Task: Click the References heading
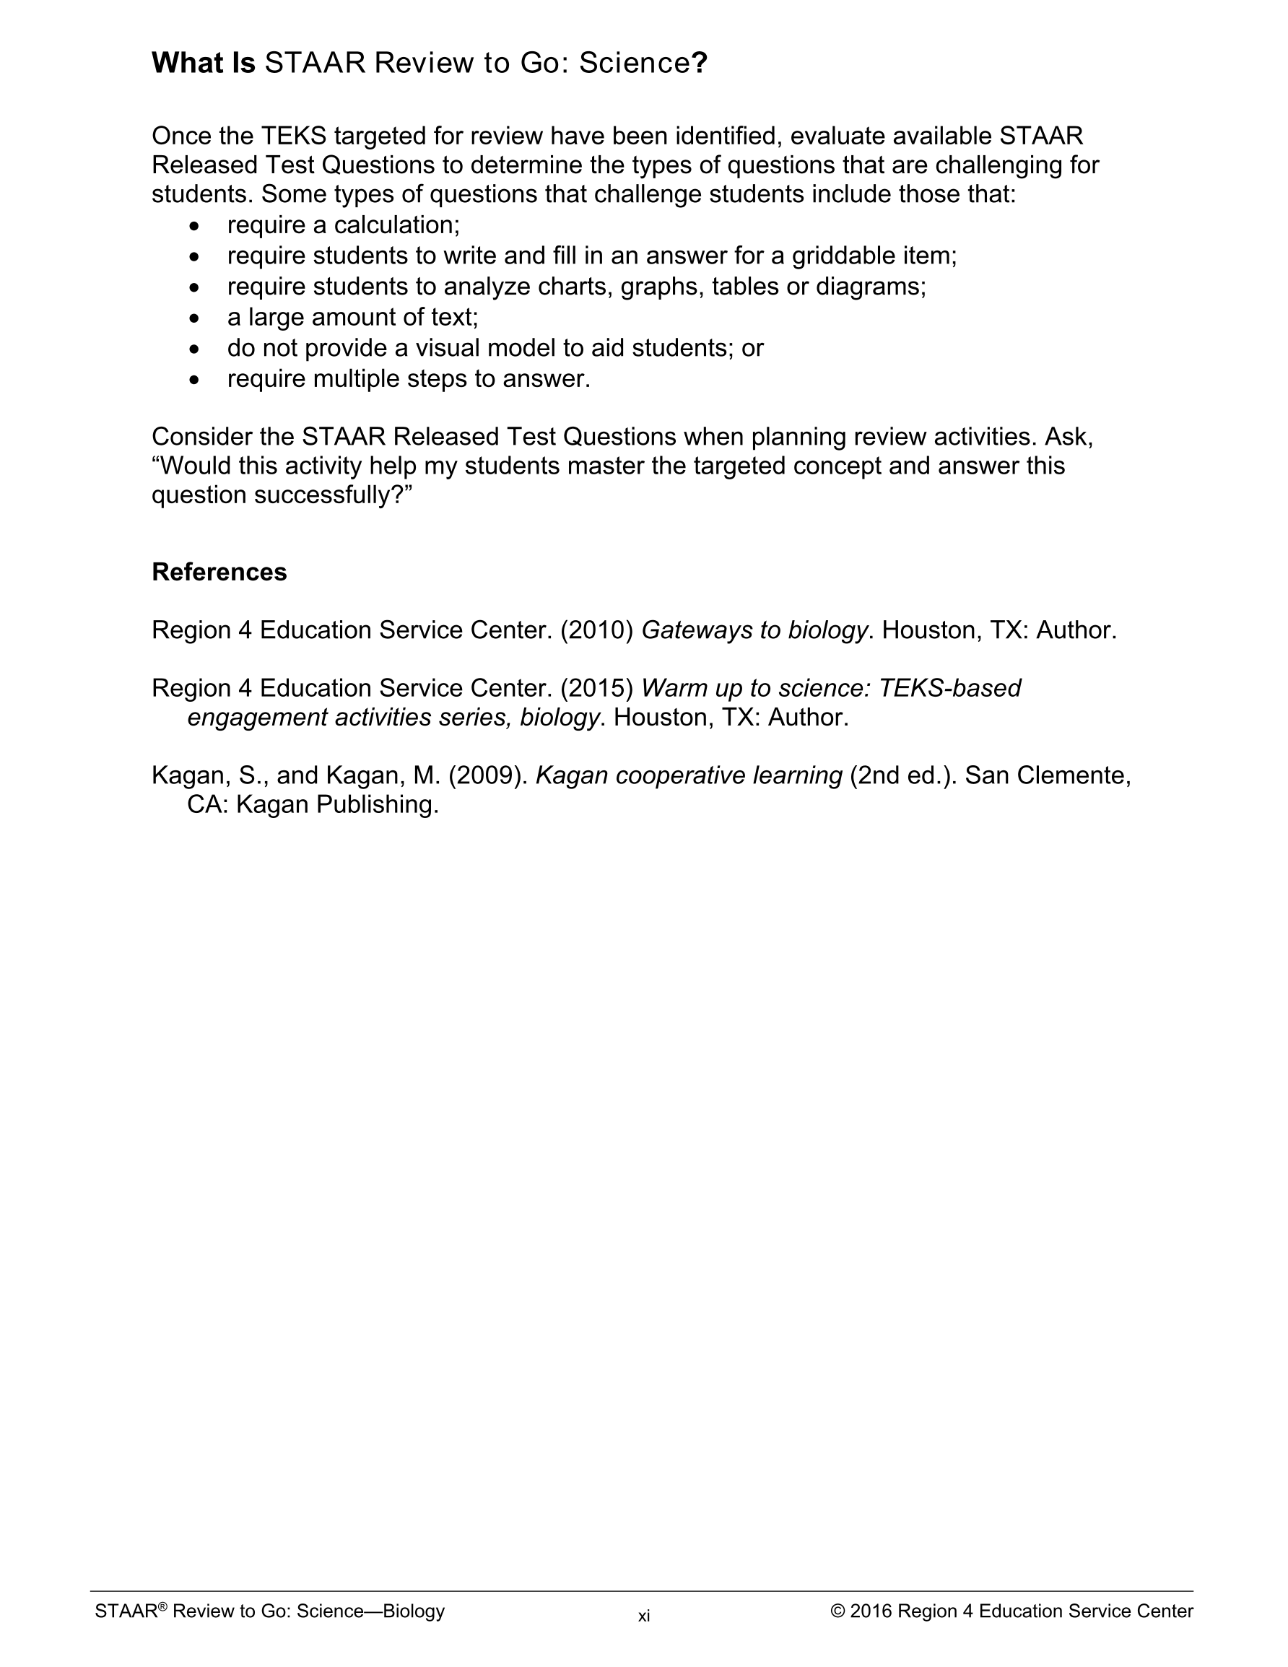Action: pos(219,572)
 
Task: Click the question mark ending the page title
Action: pos(700,63)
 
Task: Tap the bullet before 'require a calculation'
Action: pos(195,227)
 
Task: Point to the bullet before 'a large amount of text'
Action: pos(195,318)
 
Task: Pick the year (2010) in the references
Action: pos(597,630)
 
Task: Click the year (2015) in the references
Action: pos(597,688)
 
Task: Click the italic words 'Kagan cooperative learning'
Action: pos(689,775)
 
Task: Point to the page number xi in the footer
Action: pos(643,1616)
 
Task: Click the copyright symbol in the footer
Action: pos(837,1611)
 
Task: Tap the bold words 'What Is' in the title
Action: pos(203,63)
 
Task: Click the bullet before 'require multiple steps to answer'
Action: pos(195,379)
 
